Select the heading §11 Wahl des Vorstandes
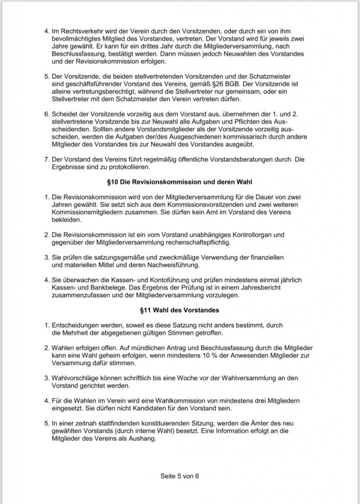click(x=179, y=311)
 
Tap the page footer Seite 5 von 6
click(x=180, y=476)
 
